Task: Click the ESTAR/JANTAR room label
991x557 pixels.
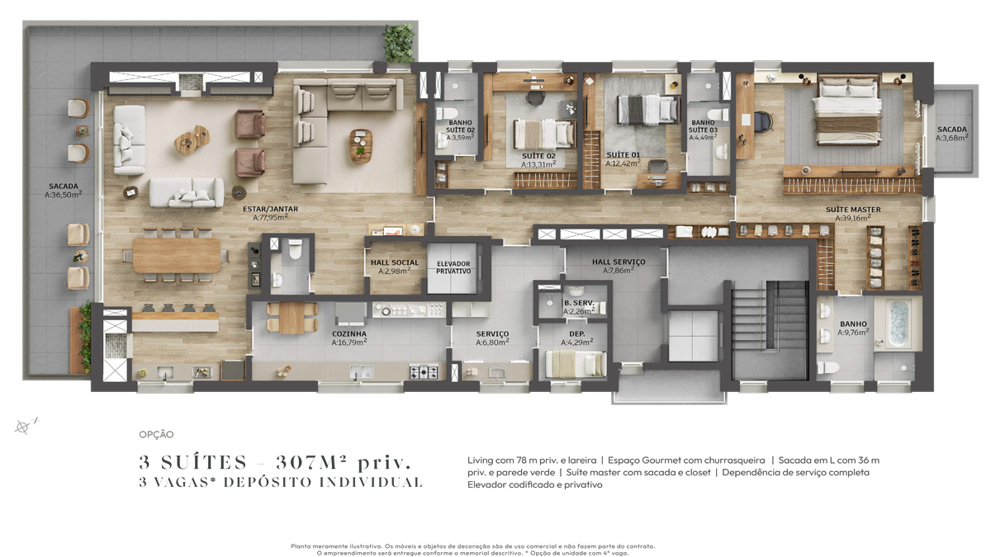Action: [270, 209]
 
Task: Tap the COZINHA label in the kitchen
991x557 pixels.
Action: [349, 334]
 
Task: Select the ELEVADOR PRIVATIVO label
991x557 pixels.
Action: [453, 267]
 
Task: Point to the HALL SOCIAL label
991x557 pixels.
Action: [395, 262]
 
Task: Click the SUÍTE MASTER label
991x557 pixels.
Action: [853, 210]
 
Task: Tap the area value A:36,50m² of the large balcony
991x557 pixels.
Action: [64, 195]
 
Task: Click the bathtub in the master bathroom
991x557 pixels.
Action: [899, 323]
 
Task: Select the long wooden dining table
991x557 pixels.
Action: [177, 255]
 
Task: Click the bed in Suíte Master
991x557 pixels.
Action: [846, 111]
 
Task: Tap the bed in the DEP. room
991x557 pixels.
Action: [575, 364]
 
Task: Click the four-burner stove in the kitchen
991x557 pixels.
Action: [424, 372]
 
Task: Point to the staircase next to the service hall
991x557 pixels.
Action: [770, 329]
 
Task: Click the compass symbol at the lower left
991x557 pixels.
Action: [22, 427]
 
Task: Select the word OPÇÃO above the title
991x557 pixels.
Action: [156, 435]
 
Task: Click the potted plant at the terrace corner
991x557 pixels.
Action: [399, 42]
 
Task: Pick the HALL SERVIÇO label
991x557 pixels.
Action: [619, 262]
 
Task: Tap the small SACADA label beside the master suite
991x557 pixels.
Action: [951, 130]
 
